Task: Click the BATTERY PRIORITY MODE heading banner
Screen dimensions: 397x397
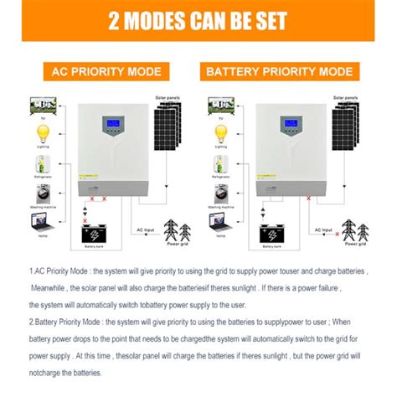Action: click(x=289, y=71)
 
